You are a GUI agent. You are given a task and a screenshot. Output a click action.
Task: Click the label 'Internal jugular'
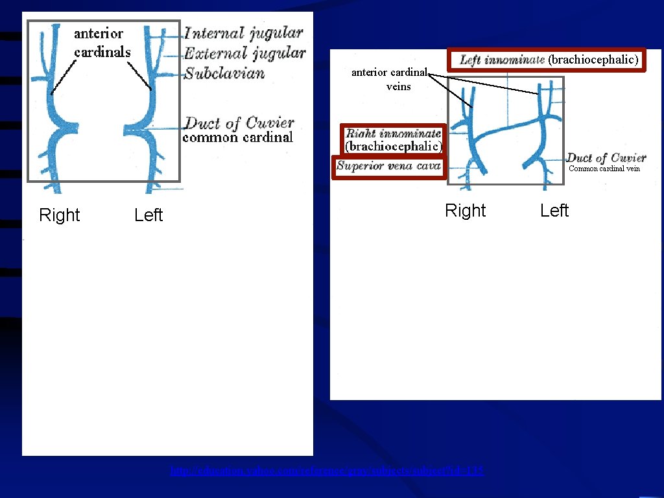click(x=244, y=33)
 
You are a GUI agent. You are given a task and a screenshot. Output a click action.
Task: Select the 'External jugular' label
click(x=244, y=53)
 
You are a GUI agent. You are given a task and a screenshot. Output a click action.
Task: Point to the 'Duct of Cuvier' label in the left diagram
click(x=239, y=123)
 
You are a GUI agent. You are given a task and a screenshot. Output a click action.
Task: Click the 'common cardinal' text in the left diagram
click(x=237, y=137)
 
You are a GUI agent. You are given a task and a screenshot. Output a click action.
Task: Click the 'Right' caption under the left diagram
click(x=59, y=215)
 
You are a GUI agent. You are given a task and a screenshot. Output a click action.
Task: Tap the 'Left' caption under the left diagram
click(x=148, y=215)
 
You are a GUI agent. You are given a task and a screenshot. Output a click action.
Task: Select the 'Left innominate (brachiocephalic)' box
click(x=549, y=60)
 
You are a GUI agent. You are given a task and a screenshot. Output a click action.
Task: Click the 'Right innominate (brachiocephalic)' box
click(x=393, y=140)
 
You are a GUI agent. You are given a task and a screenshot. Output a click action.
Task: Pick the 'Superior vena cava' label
click(x=388, y=166)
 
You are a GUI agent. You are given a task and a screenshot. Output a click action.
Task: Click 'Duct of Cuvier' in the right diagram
click(x=606, y=158)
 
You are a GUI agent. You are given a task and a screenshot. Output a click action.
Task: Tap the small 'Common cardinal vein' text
click(x=604, y=169)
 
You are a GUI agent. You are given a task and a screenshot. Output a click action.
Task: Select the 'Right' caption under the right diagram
click(x=465, y=211)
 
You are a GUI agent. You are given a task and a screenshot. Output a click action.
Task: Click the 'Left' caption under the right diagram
click(x=554, y=211)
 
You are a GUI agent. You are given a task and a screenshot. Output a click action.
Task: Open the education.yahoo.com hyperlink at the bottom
click(x=327, y=471)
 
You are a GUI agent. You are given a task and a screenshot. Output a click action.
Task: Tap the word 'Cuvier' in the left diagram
click(x=269, y=123)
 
